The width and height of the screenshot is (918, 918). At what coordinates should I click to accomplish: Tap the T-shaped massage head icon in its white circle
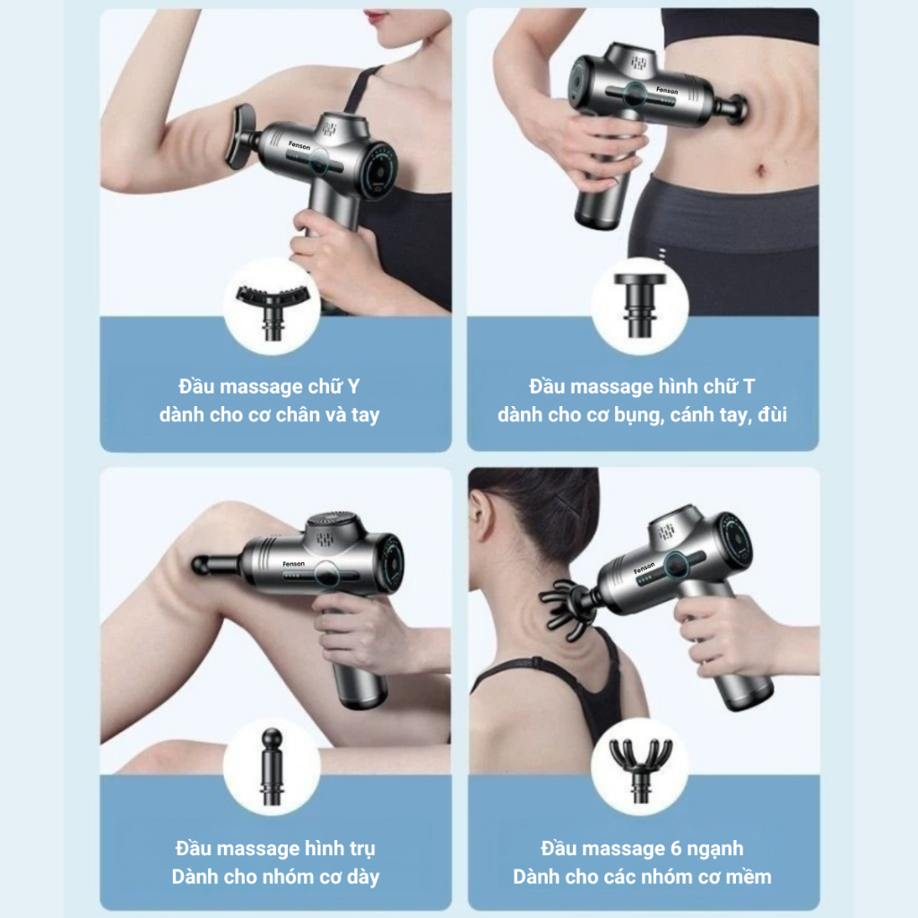click(x=640, y=305)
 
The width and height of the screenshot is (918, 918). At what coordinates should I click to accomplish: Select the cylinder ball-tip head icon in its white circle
click(x=273, y=767)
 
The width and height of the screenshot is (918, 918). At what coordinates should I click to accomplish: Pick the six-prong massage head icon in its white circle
click(x=640, y=768)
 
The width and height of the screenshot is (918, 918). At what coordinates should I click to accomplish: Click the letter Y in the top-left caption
click(x=353, y=387)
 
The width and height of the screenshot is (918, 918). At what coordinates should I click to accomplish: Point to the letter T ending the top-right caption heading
click(x=749, y=386)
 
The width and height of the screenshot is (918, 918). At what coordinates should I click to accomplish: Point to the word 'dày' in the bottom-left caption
click(x=363, y=878)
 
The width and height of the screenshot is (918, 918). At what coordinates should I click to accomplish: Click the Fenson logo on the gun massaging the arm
click(x=299, y=145)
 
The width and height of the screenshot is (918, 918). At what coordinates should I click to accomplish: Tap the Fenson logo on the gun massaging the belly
click(x=667, y=91)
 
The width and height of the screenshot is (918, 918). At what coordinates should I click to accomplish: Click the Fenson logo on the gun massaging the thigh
click(x=293, y=564)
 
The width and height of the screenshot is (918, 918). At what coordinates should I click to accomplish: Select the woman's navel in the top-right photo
click(x=760, y=171)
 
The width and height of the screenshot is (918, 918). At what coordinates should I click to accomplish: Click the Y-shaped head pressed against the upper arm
click(x=239, y=136)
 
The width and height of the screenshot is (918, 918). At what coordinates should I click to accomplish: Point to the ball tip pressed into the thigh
click(x=202, y=565)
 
